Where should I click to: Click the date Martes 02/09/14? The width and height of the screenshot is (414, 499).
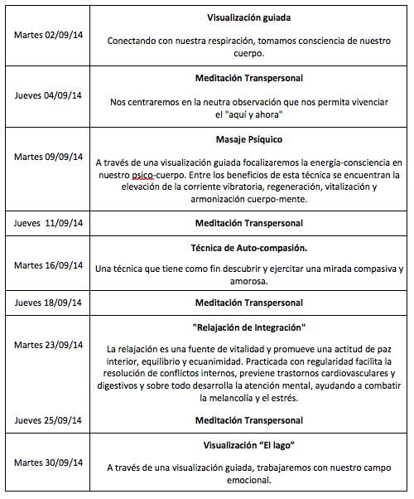tap(48, 36)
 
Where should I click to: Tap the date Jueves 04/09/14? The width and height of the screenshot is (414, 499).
tap(48, 95)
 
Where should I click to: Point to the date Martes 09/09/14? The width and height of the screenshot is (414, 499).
tap(48, 157)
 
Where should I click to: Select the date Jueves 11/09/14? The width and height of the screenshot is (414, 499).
tap(49, 223)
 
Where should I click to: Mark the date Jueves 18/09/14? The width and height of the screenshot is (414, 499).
tap(48, 303)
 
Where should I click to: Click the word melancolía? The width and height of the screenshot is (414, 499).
tap(229, 398)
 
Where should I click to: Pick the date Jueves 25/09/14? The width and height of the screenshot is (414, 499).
tap(48, 420)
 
